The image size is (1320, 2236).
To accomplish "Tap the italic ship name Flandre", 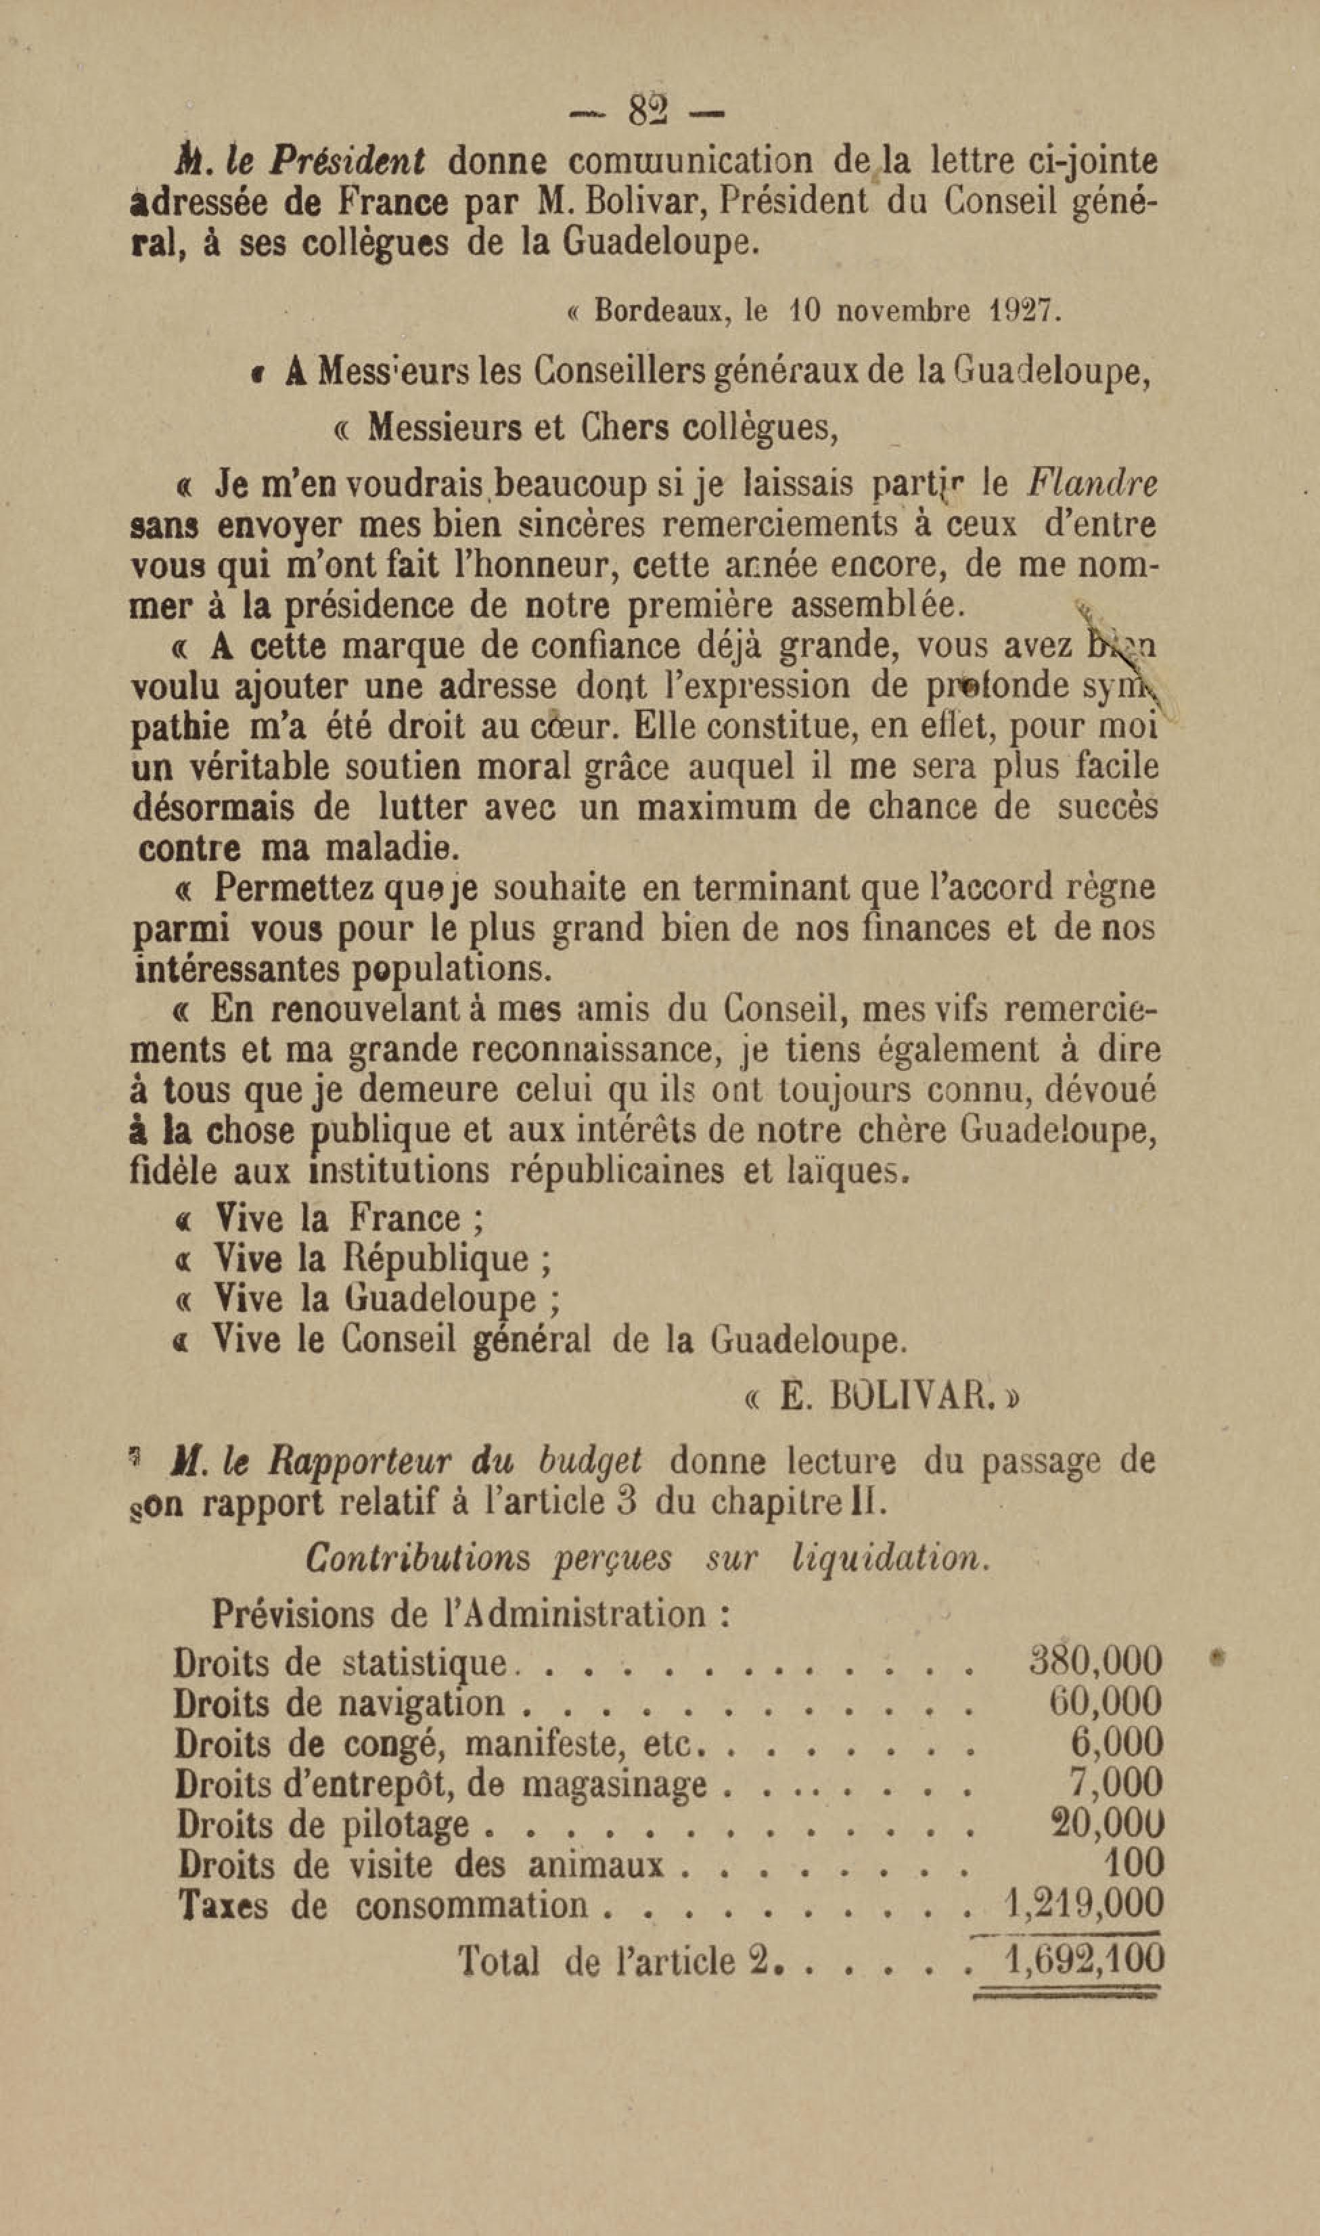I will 1092,484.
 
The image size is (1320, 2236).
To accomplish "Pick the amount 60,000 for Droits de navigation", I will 1106,1702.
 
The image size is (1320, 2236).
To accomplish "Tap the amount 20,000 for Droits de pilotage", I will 1106,1823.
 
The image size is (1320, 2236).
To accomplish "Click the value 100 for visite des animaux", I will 1133,1863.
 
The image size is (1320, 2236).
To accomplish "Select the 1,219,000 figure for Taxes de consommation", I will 1083,1904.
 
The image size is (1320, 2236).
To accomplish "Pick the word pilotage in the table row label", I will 405,1824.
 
